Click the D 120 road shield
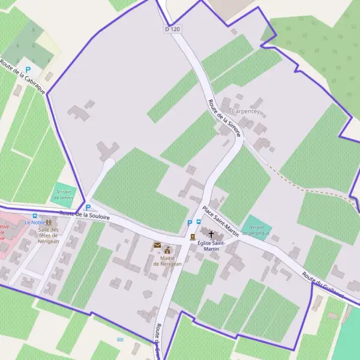pos(172,29)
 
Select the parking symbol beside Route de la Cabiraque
pos(28,70)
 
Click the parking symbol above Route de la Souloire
pos(88,207)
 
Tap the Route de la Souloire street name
pos(85,215)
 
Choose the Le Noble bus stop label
pos(34,222)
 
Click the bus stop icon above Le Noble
pos(34,215)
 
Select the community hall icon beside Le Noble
pos(48,223)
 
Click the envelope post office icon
pos(157,245)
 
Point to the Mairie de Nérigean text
pos(167,261)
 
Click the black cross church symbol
pos(211,233)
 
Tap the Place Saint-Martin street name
pos(220,221)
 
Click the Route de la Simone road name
pos(224,118)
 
